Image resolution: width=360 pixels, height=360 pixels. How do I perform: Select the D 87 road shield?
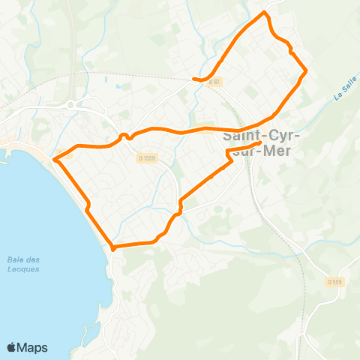pos(214,82)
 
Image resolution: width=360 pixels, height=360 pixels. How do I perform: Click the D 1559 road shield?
pos(147,157)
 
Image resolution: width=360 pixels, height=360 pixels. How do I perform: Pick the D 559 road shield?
pos(335,281)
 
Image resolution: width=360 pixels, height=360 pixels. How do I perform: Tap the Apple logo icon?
pos(12,347)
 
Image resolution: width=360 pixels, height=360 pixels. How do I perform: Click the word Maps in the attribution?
pos(33,347)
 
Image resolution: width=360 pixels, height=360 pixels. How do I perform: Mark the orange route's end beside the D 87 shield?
pos(194,79)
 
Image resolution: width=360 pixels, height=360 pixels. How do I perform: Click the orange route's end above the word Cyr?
pos(259,142)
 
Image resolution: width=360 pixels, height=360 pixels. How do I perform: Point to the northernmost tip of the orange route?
pos(264,13)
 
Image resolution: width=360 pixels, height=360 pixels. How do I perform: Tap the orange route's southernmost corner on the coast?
pos(112,247)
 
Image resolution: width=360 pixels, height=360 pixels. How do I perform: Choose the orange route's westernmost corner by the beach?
pos(55,157)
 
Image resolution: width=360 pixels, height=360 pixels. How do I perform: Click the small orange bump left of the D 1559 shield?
pos(124,136)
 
